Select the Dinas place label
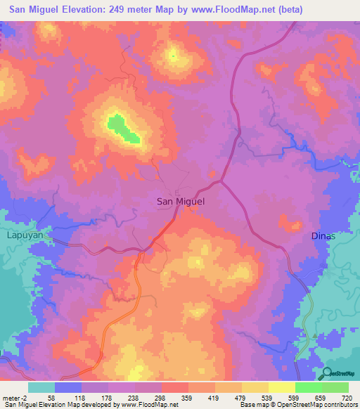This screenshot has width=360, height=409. pyautogui.click(x=323, y=236)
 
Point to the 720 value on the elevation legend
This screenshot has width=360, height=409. pyautogui.click(x=347, y=397)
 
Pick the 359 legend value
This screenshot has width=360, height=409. pyautogui.click(x=187, y=397)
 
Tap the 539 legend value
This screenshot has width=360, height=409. pyautogui.click(x=267, y=397)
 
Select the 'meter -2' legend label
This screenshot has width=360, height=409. pyautogui.click(x=15, y=397)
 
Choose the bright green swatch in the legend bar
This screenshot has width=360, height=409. pyautogui.click(x=308, y=387)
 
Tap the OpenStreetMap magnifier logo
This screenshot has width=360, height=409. pyautogui.click(x=326, y=373)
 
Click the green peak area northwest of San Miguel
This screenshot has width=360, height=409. pyautogui.click(x=123, y=129)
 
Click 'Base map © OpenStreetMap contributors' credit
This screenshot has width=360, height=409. pyautogui.click(x=299, y=404)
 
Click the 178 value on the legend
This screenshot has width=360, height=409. pyautogui.click(x=108, y=397)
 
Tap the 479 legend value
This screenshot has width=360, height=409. pyautogui.click(x=240, y=397)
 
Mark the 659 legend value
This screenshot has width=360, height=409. pyautogui.click(x=321, y=397)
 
